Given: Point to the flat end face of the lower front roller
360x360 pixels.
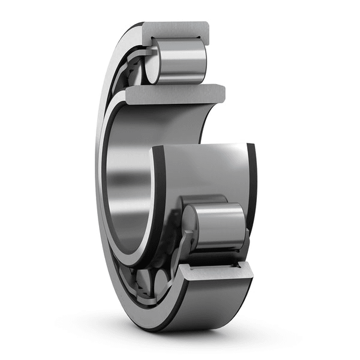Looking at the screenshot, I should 191,229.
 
